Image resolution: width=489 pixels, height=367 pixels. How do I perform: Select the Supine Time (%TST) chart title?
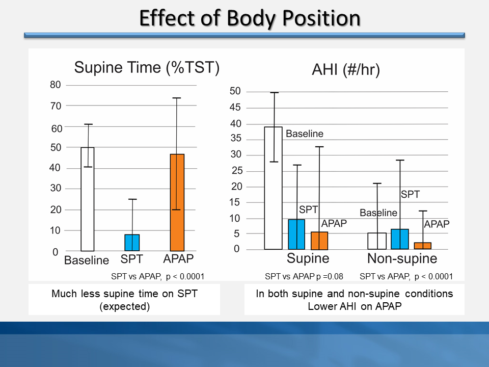coord(147,67)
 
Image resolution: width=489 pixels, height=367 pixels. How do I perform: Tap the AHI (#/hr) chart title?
coord(346,71)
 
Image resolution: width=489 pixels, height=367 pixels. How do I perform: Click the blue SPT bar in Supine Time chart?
coord(132,243)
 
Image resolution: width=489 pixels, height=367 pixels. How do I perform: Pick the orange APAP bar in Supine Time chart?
coord(177,203)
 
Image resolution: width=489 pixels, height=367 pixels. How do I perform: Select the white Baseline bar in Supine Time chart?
coord(88,199)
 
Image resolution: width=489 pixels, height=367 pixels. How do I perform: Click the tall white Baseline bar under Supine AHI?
coord(274,188)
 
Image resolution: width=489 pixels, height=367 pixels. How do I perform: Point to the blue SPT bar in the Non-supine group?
coord(400,239)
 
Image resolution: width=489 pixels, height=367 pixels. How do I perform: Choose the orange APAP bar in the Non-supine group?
coord(423,246)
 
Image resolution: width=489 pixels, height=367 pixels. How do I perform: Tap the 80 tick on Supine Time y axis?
coord(55,85)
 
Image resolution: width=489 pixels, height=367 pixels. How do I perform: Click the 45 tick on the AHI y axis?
coord(235,108)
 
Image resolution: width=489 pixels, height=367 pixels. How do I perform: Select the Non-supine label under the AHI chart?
coord(402,258)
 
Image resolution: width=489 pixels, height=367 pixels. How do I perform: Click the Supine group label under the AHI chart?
coord(308,258)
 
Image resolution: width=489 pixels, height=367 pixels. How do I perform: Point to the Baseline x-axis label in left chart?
coord(87,260)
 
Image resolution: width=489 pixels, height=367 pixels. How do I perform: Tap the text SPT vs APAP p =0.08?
coord(304,277)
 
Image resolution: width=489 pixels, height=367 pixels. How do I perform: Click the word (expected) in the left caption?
coord(124,307)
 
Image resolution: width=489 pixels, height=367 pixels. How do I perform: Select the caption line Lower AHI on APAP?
coord(354,307)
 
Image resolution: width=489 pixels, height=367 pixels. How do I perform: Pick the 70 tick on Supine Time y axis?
coord(55,106)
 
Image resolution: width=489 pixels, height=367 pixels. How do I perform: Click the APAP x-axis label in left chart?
coord(178,258)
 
